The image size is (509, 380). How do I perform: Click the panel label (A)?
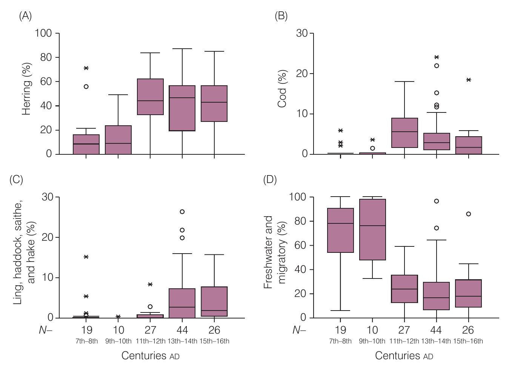coord(25,16)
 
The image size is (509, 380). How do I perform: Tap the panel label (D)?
coord(270,180)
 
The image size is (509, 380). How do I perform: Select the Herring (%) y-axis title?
coord(26,89)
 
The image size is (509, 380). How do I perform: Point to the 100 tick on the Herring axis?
coord(43,33)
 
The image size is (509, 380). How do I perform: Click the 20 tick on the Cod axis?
coord(303,74)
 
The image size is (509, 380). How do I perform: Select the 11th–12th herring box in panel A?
coord(150,97)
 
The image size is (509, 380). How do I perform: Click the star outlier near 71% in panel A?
coord(86,68)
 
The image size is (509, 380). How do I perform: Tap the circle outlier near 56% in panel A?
coord(86,86)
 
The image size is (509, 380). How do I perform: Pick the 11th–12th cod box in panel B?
coord(404,133)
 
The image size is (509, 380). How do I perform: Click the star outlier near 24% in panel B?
coord(437,57)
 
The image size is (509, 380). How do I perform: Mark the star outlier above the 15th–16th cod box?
coord(469,80)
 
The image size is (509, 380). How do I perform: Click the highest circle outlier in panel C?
coord(182,212)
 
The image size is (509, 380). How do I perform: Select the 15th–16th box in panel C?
coord(214,302)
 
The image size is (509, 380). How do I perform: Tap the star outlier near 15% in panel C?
coord(86,257)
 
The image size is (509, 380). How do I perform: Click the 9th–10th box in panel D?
coord(372,229)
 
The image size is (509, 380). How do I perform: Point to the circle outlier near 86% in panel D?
coord(469,214)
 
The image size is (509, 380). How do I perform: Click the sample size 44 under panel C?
coord(182,330)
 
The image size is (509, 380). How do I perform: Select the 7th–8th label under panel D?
coord(340,341)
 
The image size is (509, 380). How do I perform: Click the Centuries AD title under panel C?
coord(150,356)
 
